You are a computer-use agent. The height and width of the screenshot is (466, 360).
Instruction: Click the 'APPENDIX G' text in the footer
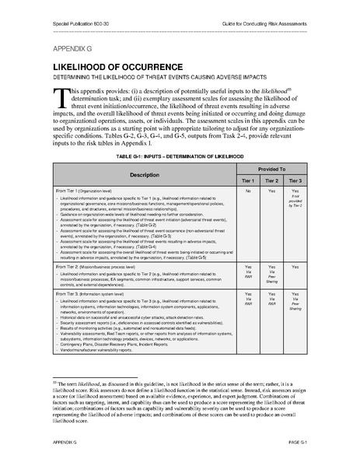click(67, 440)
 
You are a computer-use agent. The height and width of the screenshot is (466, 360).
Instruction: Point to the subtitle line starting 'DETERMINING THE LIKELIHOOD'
click(161, 79)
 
